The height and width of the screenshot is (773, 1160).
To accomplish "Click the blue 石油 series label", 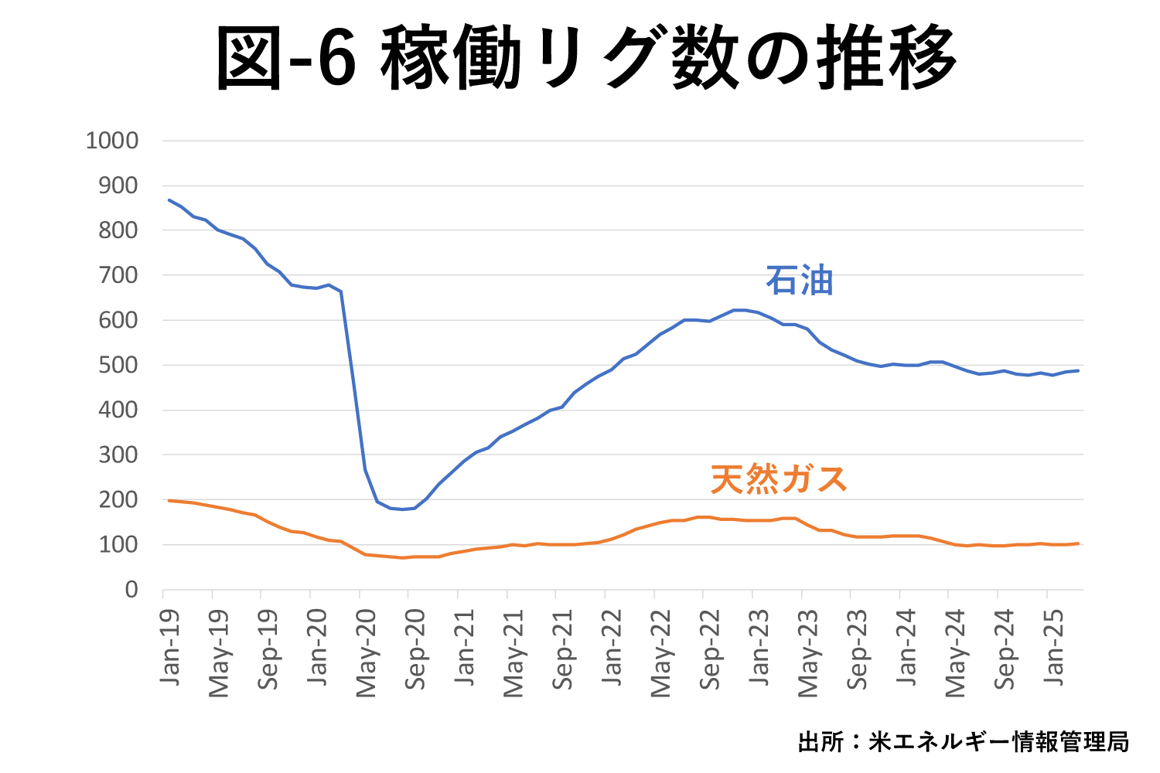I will coord(800,281).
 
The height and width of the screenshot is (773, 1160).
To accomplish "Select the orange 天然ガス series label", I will coord(779,479).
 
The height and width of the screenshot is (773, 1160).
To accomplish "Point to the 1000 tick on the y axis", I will coord(112,141).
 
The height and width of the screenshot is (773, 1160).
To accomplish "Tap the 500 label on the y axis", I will coord(118,365).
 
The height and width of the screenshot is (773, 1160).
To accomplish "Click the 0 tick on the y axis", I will coord(131,590).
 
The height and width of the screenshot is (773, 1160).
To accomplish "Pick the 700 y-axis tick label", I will coord(118,275).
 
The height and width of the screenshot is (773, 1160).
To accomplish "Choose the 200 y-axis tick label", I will coord(118,500).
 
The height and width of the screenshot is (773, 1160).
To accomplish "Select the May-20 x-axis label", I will coord(366,653).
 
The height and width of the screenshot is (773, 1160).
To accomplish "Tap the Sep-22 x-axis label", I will coord(710,650).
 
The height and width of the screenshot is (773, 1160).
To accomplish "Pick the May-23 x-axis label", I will coord(808,653).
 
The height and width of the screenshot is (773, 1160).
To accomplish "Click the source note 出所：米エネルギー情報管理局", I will coord(963,742).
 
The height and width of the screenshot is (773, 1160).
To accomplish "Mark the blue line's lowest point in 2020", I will coord(402,509).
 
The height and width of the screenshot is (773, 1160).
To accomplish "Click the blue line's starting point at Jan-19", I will coord(169,200).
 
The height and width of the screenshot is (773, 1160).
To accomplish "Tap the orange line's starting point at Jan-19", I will coord(169,500).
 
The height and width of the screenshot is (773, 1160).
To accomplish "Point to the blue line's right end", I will coord(1078,370).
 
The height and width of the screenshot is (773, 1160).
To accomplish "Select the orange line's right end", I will coord(1078,543).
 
